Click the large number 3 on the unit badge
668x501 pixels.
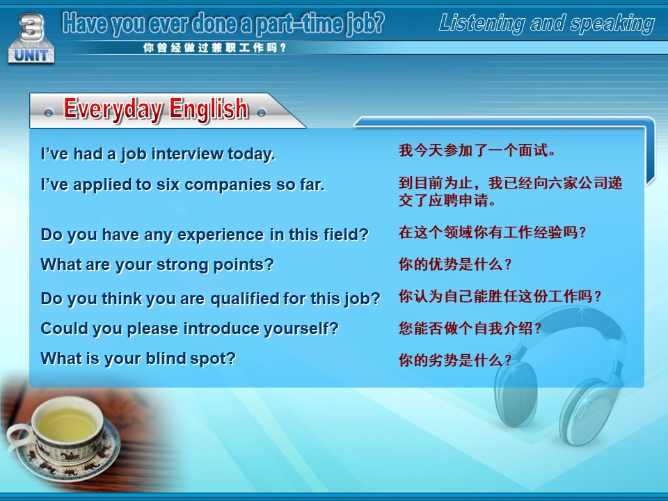coord(31,27)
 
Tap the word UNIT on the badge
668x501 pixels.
coord(31,55)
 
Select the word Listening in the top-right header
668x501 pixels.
coord(482,24)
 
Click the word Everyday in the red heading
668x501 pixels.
coord(113,109)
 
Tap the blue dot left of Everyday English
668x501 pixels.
coord(48,113)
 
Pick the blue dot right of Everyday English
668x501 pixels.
coord(262,113)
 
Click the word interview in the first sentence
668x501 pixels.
coord(187,154)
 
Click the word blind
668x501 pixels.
coord(166,358)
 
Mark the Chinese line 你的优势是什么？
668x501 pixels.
coord(455,264)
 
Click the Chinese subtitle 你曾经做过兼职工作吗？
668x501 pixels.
coord(214,48)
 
